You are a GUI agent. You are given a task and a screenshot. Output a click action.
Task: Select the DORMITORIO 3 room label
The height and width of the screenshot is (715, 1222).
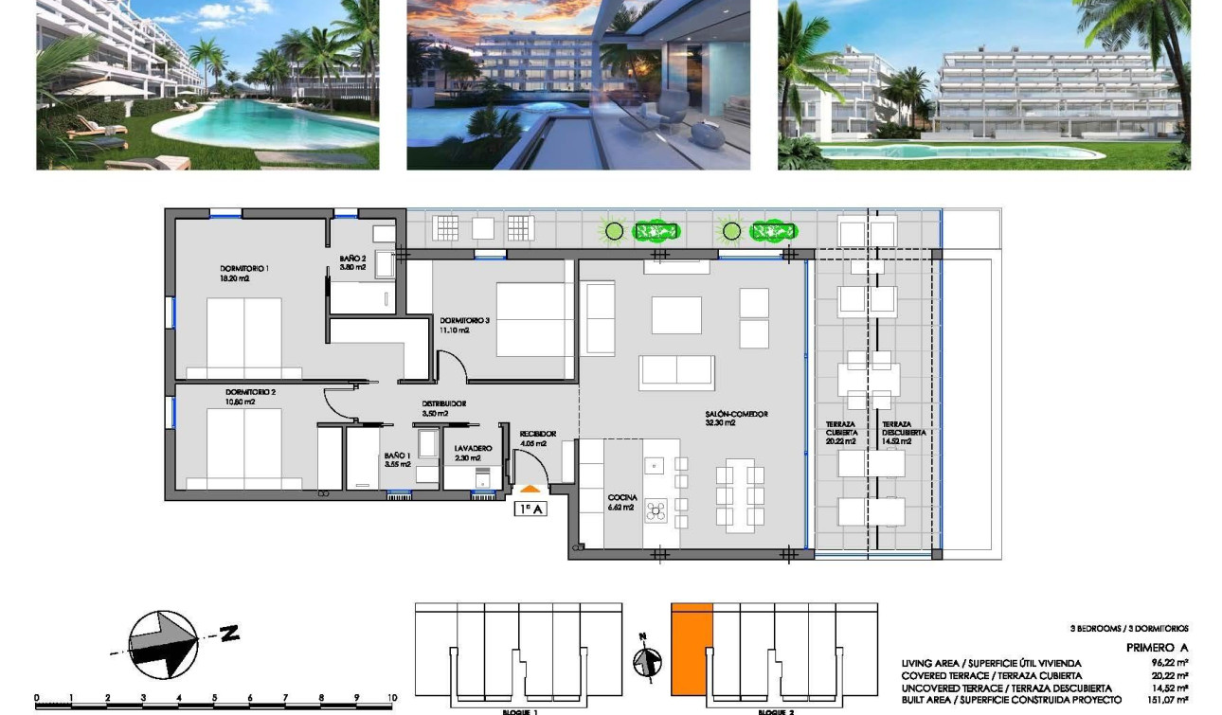[x=464, y=321]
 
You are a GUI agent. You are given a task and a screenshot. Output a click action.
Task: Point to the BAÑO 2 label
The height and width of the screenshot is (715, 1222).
[x=352, y=258]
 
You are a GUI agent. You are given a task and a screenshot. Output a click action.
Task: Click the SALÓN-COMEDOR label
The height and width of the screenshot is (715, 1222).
[x=736, y=414]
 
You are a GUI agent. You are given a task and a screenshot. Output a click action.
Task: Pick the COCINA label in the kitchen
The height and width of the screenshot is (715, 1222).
[x=622, y=497]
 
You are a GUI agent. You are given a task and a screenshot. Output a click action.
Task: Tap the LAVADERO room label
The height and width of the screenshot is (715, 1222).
[x=473, y=448]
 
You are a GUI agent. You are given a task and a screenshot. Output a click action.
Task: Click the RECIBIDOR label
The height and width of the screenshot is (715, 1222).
[x=538, y=434]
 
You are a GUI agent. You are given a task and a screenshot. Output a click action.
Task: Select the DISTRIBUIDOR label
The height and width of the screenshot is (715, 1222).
[x=443, y=403]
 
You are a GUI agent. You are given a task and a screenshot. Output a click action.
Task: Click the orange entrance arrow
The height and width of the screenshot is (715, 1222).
[x=531, y=490]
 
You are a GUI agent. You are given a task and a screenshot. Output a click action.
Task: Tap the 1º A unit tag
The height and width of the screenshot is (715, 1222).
[x=531, y=509]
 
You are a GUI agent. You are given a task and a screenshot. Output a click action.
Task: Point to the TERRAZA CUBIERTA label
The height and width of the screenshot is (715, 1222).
[x=840, y=429]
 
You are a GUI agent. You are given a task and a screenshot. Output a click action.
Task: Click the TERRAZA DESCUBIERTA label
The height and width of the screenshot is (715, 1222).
[x=896, y=429]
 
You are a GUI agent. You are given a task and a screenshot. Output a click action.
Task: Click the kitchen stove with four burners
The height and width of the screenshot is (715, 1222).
[x=656, y=512]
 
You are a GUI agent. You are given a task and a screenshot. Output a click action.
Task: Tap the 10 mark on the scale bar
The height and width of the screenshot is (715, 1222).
[x=391, y=698]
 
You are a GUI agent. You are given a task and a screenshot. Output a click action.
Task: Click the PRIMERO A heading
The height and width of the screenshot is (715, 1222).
[x=1157, y=648]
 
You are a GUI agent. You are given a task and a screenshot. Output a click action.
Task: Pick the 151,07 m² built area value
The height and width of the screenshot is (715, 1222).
[x=1171, y=700]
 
